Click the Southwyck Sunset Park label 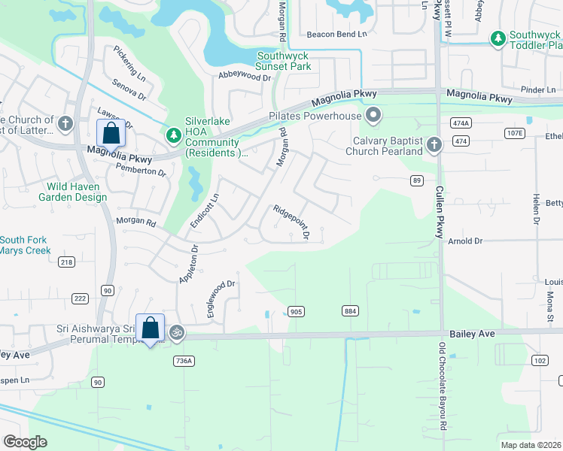284,61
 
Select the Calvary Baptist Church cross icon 433,144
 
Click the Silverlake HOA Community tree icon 174,135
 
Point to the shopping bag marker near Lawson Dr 111,133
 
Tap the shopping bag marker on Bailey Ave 150,328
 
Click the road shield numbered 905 296,311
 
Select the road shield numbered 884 350,311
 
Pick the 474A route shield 461,123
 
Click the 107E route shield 514,133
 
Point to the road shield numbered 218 66,261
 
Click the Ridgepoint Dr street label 291,222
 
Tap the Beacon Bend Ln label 336,35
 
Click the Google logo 25,441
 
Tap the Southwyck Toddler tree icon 498,38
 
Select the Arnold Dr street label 464,241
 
